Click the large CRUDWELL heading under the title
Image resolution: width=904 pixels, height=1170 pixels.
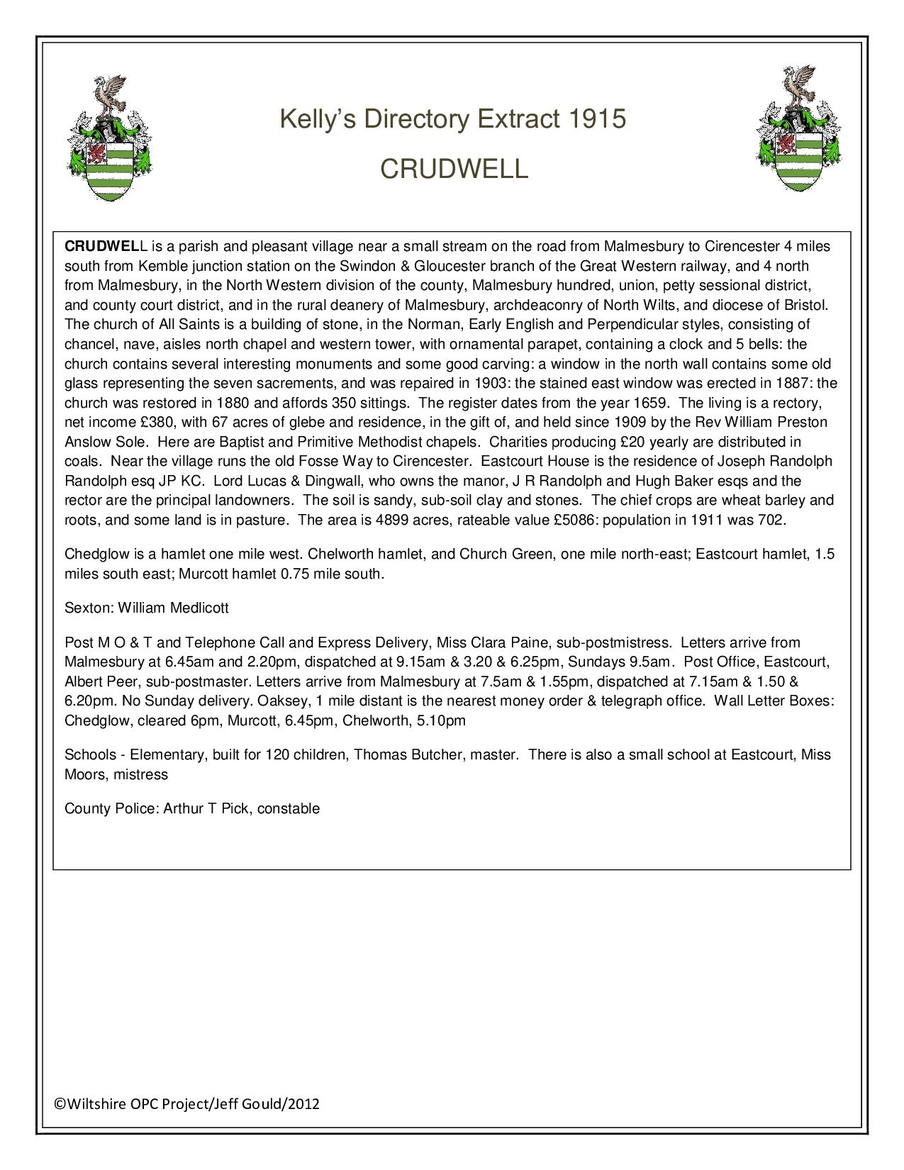454,169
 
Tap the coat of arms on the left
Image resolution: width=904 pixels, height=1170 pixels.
109,138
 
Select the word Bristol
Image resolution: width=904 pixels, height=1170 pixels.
805,306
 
